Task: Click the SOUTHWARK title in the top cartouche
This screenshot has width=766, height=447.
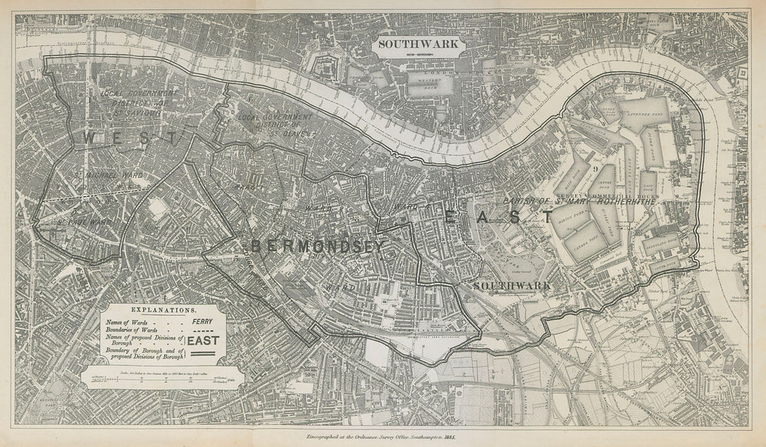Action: [417, 44]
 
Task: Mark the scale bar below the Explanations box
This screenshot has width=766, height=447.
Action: [163, 377]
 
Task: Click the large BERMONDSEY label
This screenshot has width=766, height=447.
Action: [316, 246]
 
